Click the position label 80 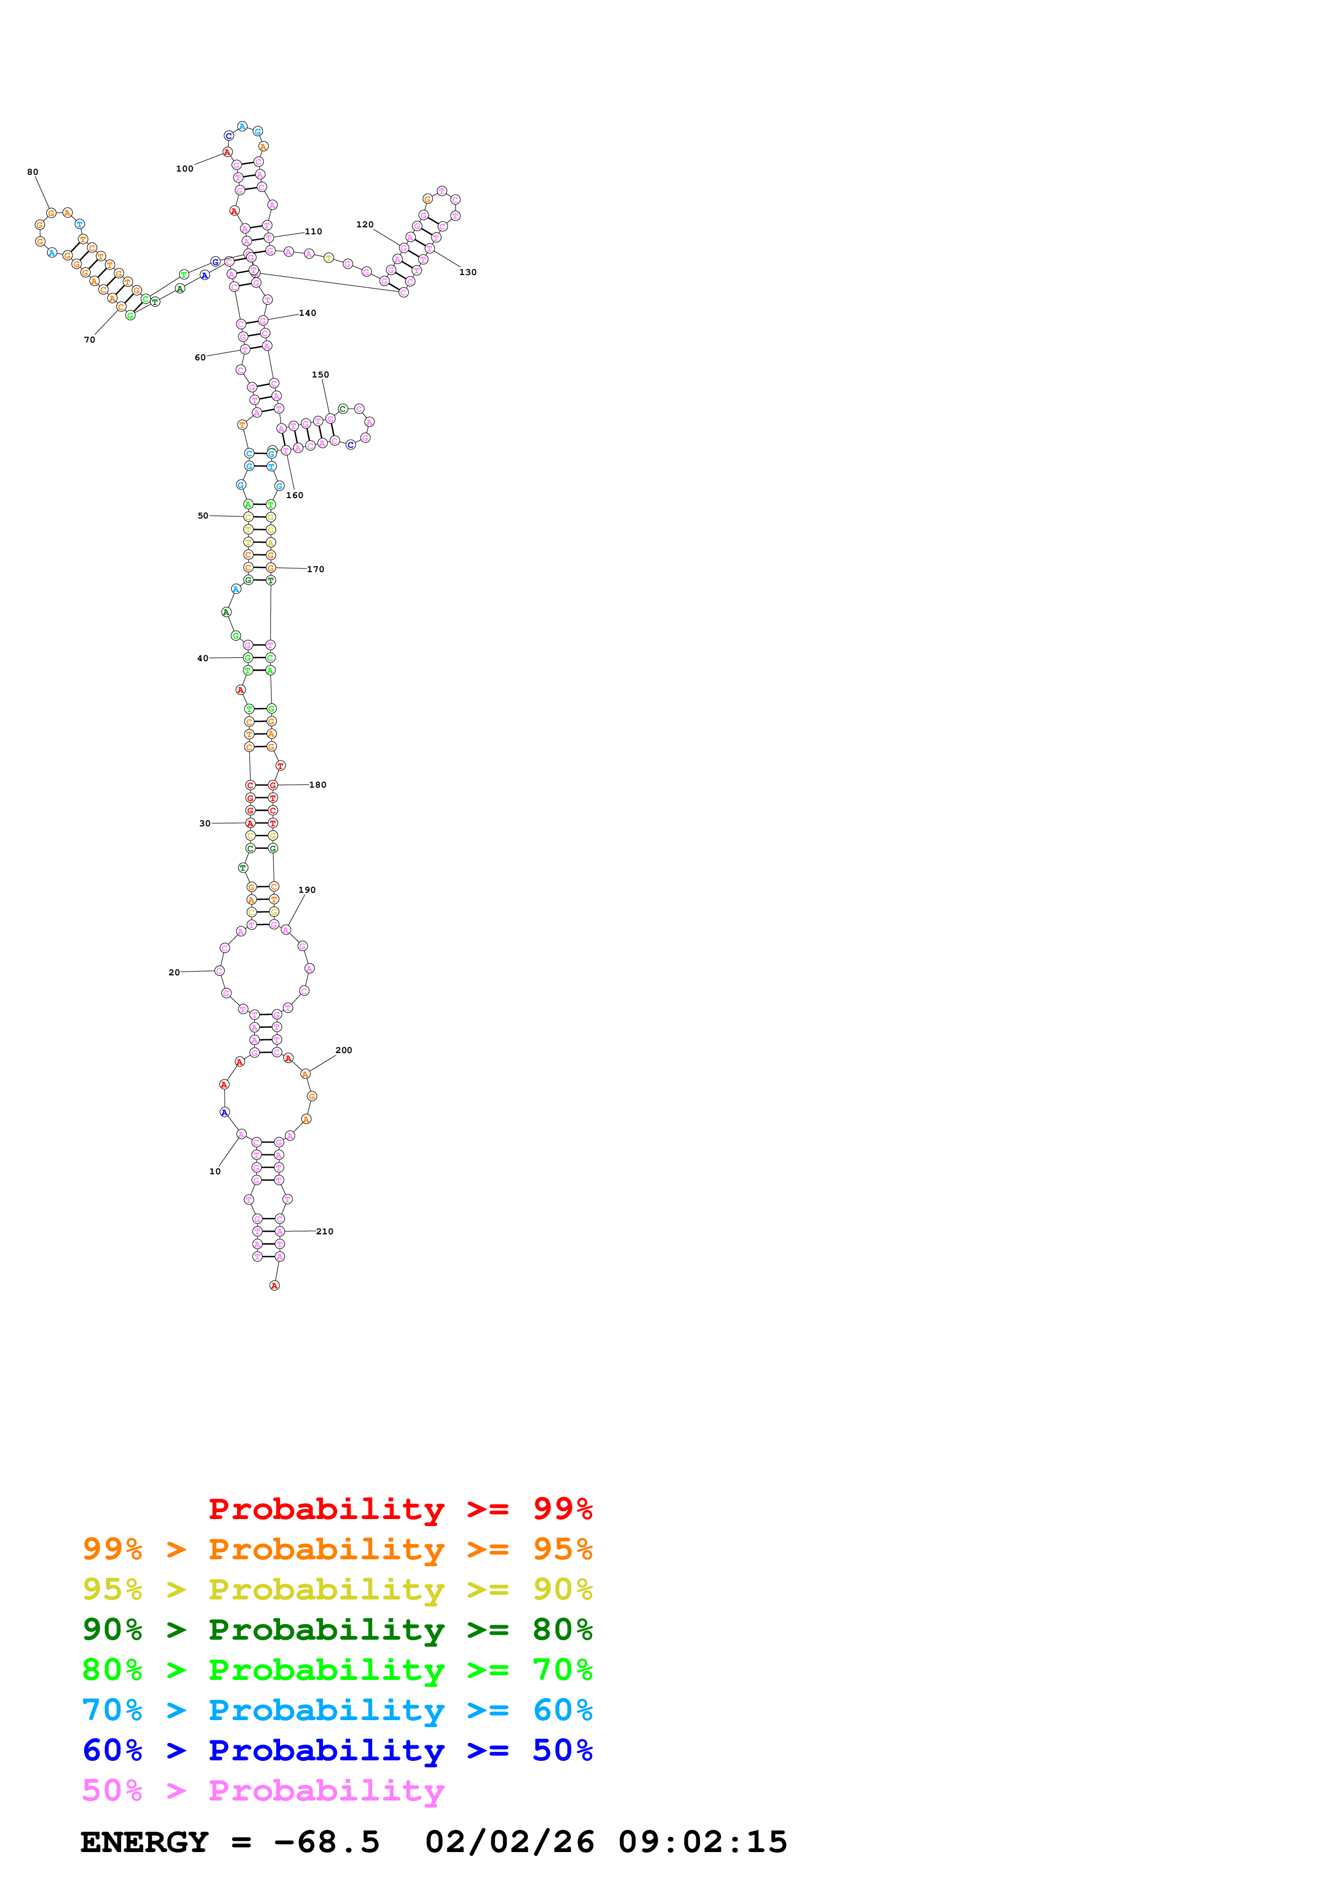(33, 172)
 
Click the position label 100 (185, 169)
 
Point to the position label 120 (365, 225)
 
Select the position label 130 (468, 272)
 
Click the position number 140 (307, 313)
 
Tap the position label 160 (294, 495)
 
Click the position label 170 (315, 569)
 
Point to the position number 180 (317, 785)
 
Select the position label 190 (306, 890)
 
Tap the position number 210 (325, 1231)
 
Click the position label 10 (215, 1172)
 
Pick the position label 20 (174, 973)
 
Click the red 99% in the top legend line (562, 1508)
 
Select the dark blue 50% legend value (562, 1750)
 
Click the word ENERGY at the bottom (144, 1842)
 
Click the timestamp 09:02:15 (702, 1842)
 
